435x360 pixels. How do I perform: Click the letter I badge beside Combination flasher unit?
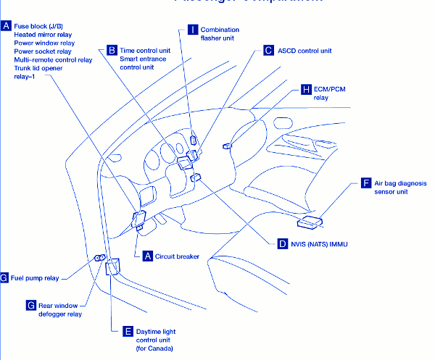point(192,30)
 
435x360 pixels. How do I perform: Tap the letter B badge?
point(112,50)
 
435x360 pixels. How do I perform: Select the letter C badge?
point(268,51)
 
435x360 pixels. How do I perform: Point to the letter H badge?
point(307,89)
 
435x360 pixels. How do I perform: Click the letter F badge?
point(366,183)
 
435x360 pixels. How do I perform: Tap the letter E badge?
point(128,331)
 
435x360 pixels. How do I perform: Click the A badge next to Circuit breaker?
point(148,256)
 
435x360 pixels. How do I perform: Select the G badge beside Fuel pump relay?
point(4,277)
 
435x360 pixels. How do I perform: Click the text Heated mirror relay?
point(43,35)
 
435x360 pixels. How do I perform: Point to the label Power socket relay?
point(43,51)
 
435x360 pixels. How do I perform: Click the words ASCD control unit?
point(304,51)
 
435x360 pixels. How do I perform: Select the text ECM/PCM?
point(331,89)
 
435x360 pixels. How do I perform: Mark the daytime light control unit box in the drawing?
point(112,269)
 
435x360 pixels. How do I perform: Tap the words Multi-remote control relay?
point(53,60)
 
